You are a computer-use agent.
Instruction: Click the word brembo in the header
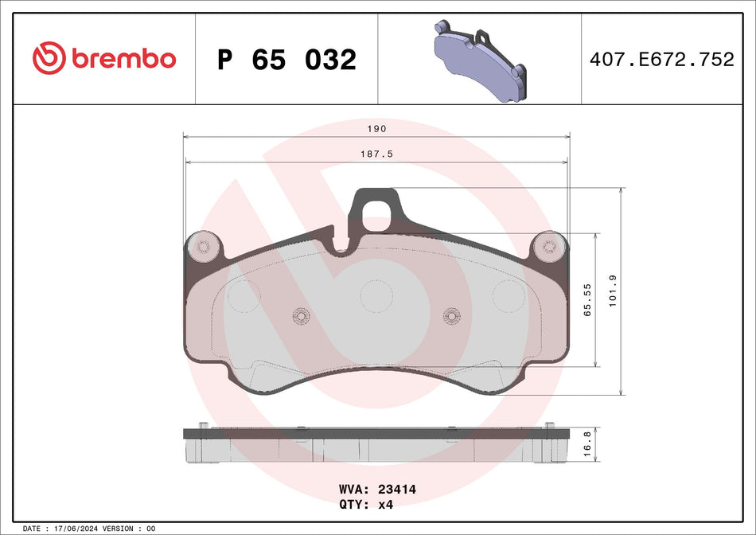click(x=123, y=59)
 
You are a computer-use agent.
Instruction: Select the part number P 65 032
click(x=286, y=60)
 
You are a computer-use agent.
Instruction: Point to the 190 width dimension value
click(x=376, y=128)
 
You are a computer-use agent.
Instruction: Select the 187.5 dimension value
click(x=376, y=154)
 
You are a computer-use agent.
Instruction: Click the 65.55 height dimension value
click(x=588, y=301)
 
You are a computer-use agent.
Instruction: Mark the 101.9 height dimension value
click(x=613, y=292)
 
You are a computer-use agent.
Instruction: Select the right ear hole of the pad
click(x=549, y=246)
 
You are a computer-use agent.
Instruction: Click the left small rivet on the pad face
click(x=301, y=315)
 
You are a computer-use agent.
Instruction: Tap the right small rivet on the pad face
click(x=451, y=315)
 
